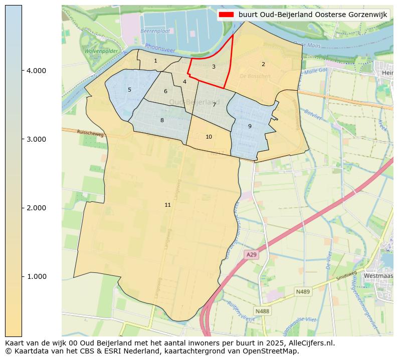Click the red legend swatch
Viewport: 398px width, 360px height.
(227, 15)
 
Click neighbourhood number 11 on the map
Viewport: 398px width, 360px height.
(167, 205)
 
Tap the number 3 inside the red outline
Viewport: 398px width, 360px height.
(214, 67)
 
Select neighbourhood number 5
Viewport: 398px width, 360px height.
(129, 90)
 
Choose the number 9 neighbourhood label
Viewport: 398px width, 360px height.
(250, 126)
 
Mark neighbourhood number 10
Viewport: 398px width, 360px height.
(209, 137)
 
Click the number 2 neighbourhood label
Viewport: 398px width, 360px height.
(263, 64)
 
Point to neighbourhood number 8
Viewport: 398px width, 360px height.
(162, 120)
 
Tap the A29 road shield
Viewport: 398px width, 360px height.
(251, 255)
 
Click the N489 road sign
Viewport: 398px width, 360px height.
(303, 291)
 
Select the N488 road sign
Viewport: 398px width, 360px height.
(262, 311)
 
